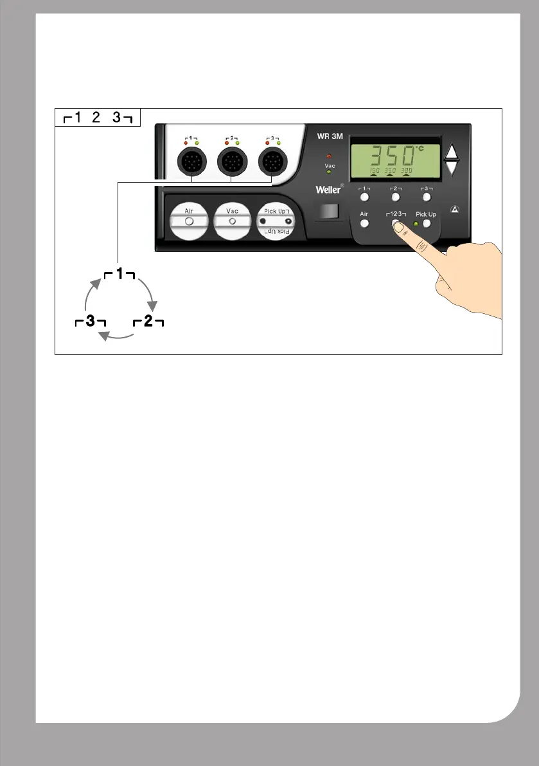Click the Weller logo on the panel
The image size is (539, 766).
pos(329,189)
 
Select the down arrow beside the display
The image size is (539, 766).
pos(453,169)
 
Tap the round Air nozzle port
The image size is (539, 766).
pos(189,221)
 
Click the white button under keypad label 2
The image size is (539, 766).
pos(395,197)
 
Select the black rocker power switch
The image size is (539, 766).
pos(327,212)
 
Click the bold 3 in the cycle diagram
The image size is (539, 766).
pos(90,322)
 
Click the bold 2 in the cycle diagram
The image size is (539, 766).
pos(148,322)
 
